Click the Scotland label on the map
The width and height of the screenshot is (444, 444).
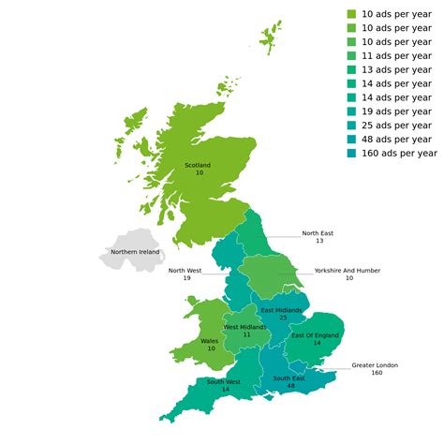pyautogui.click(x=199, y=165)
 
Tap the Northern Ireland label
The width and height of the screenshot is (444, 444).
pyautogui.click(x=135, y=252)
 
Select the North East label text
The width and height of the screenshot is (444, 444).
pyautogui.click(x=318, y=233)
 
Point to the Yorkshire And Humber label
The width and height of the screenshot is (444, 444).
pyautogui.click(x=347, y=270)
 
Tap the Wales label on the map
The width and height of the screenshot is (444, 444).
pyautogui.click(x=210, y=341)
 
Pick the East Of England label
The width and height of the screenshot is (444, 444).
pyautogui.click(x=315, y=335)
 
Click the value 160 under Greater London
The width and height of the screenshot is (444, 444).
pyautogui.click(x=377, y=373)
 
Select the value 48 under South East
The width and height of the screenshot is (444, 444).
pyautogui.click(x=290, y=386)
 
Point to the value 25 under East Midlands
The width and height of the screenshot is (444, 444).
pyautogui.click(x=281, y=318)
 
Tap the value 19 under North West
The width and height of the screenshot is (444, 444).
pyautogui.click(x=186, y=278)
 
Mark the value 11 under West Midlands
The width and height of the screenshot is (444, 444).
pyautogui.click(x=246, y=334)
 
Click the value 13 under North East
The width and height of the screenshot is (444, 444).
pyautogui.click(x=318, y=242)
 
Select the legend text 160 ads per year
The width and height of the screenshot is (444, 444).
pyautogui.click(x=399, y=153)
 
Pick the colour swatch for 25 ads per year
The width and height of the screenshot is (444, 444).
pyautogui.click(x=352, y=125)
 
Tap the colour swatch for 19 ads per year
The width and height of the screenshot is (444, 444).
pyautogui.click(x=352, y=111)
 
